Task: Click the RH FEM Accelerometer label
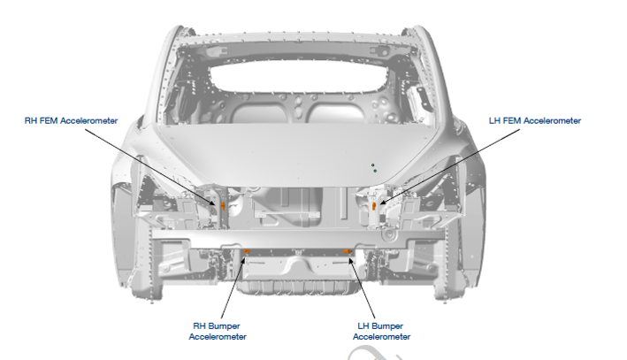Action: pos(71,121)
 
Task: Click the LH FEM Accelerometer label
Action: pos(535,121)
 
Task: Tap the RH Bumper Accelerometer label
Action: pos(218,331)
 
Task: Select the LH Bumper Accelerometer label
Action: pos(381,331)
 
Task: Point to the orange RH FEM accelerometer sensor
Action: pos(223,206)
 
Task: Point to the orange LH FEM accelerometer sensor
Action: pos(374,206)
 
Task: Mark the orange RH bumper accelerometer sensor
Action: pos(247,251)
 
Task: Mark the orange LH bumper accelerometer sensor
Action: pos(348,251)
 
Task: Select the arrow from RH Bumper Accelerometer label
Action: pos(233,288)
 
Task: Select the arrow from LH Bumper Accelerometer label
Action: pos(363,288)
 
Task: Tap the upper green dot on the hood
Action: pos(372,165)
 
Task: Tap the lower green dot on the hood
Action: pos(375,171)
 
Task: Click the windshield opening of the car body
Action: pos(298,78)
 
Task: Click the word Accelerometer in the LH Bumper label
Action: pos(381,337)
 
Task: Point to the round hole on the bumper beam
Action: pos(387,234)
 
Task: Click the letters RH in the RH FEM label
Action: pos(30,121)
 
